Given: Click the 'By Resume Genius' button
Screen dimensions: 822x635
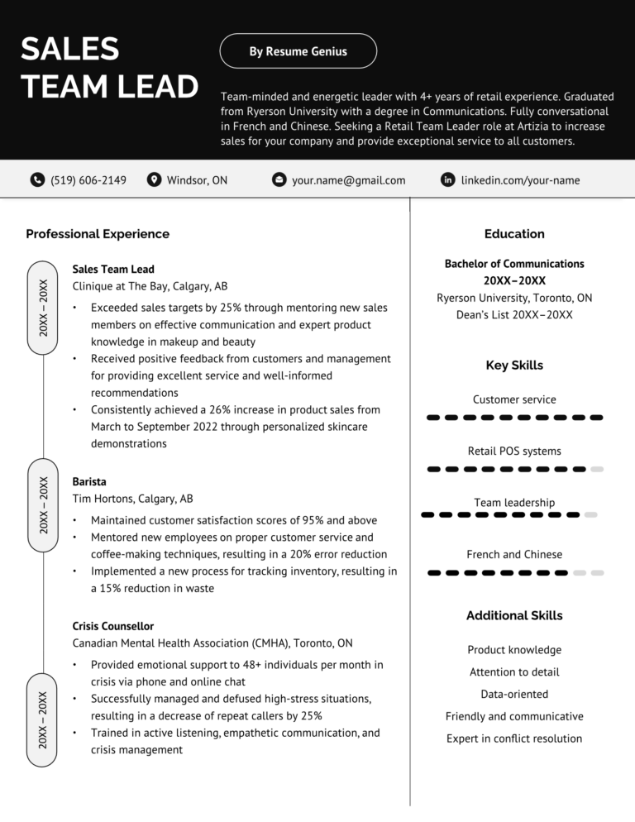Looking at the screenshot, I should point(298,51).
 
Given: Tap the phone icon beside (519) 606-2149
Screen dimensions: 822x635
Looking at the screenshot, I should point(37,179).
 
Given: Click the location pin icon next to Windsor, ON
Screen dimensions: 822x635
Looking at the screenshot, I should point(154,179).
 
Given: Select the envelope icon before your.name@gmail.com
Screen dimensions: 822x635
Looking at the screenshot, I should point(279,179).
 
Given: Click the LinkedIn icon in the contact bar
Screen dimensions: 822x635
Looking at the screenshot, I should point(448,179).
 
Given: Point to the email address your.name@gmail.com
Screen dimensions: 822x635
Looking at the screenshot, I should point(348,180).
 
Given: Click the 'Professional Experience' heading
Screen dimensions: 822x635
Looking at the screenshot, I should point(98,234).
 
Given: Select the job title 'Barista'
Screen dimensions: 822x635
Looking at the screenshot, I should point(89,481).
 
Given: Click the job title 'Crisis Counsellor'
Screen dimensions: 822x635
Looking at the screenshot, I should point(113,626).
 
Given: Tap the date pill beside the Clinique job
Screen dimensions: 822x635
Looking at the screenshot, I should point(43,307).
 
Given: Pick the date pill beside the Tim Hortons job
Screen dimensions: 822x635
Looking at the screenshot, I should point(43,504).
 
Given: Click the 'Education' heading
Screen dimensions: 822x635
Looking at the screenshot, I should point(514,234).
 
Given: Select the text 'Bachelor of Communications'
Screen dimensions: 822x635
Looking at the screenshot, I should point(514,264).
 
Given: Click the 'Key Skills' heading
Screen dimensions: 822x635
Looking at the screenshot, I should point(514,366).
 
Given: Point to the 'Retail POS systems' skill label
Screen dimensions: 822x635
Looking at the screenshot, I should point(514,452).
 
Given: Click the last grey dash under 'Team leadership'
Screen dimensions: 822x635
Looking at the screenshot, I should point(590,515).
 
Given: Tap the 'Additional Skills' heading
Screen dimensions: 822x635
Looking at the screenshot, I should point(514,615).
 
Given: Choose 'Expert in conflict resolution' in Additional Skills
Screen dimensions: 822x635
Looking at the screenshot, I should point(514,738).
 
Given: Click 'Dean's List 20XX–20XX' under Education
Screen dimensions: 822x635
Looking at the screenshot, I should point(514,315).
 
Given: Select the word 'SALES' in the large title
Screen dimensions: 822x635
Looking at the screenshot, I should point(70,50).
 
